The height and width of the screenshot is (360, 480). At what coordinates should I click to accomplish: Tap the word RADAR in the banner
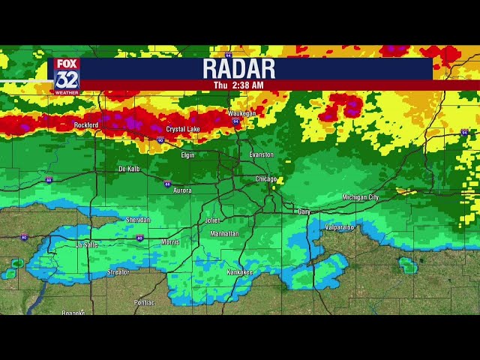pos(239,69)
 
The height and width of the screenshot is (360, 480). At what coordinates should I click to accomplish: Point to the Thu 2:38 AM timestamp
pos(238,85)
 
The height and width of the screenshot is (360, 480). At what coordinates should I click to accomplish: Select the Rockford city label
pos(86,125)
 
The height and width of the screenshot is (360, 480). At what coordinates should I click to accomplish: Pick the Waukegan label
pos(242,114)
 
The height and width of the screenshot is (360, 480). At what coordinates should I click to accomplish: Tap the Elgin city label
pos(187,154)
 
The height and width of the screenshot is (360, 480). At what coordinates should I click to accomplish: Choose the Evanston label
pos(262,154)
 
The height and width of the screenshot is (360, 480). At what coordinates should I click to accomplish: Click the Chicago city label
pos(265,179)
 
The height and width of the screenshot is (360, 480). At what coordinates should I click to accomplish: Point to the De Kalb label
pos(129,169)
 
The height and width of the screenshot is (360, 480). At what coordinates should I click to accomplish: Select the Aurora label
pos(182,190)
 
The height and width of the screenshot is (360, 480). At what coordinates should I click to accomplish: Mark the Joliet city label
pos(213,221)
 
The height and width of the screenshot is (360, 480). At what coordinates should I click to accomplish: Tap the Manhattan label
pos(225,234)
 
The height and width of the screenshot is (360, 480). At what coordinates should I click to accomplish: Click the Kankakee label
pos(239,271)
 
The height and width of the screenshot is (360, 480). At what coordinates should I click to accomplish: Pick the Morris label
pos(170,241)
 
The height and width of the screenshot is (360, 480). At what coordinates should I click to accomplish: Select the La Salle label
pos(87,244)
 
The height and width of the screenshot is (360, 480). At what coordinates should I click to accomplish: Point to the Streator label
pos(118,272)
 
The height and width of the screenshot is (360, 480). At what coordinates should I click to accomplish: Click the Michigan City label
pos(361,197)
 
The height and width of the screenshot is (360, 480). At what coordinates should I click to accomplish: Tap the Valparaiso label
pos(340,226)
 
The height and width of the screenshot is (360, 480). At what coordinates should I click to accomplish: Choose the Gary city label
pos(304,212)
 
